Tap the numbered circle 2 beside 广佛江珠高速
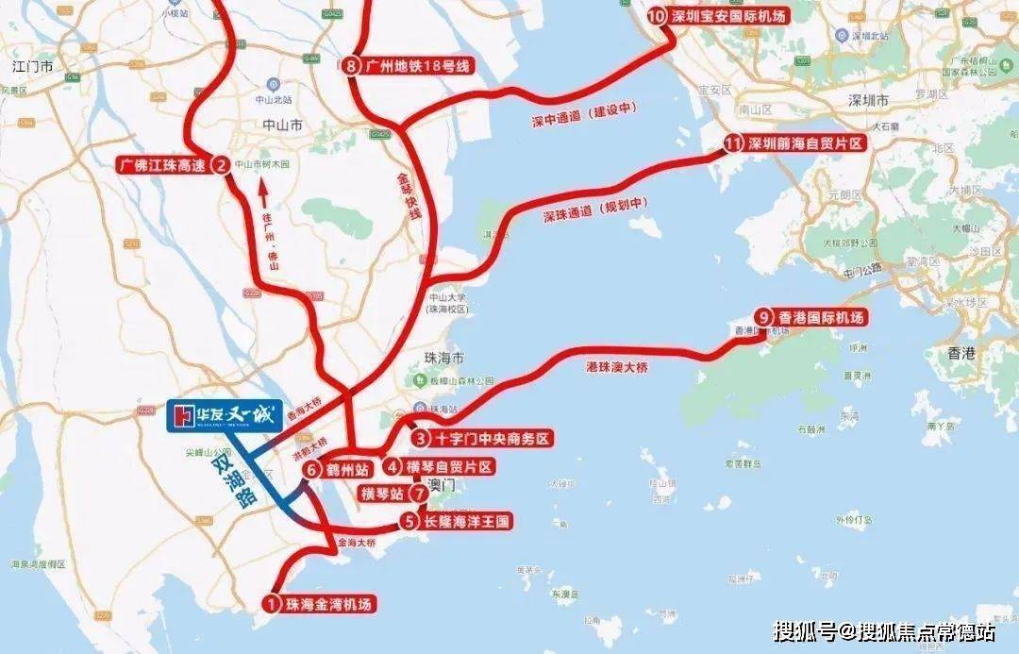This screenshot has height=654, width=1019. point(220,165)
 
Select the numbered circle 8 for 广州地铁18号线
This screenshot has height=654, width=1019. point(352,65)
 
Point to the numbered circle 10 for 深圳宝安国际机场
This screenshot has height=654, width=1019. point(657,16)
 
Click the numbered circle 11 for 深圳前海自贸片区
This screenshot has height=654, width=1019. point(734,143)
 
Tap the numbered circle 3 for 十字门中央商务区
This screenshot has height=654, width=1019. point(422,439)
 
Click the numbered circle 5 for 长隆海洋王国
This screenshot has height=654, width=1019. point(409,520)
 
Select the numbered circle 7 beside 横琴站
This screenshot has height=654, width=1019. point(420,494)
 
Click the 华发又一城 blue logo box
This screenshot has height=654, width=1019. point(225,416)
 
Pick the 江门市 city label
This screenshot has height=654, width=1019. point(34,68)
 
